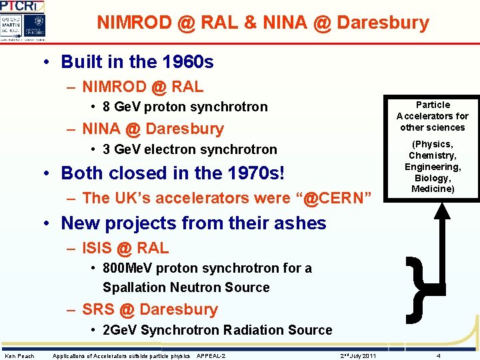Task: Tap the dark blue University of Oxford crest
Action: coord(37,27)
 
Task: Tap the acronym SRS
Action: coord(98,309)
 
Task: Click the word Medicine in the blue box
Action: coord(432,189)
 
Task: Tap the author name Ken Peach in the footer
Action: coord(19,356)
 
